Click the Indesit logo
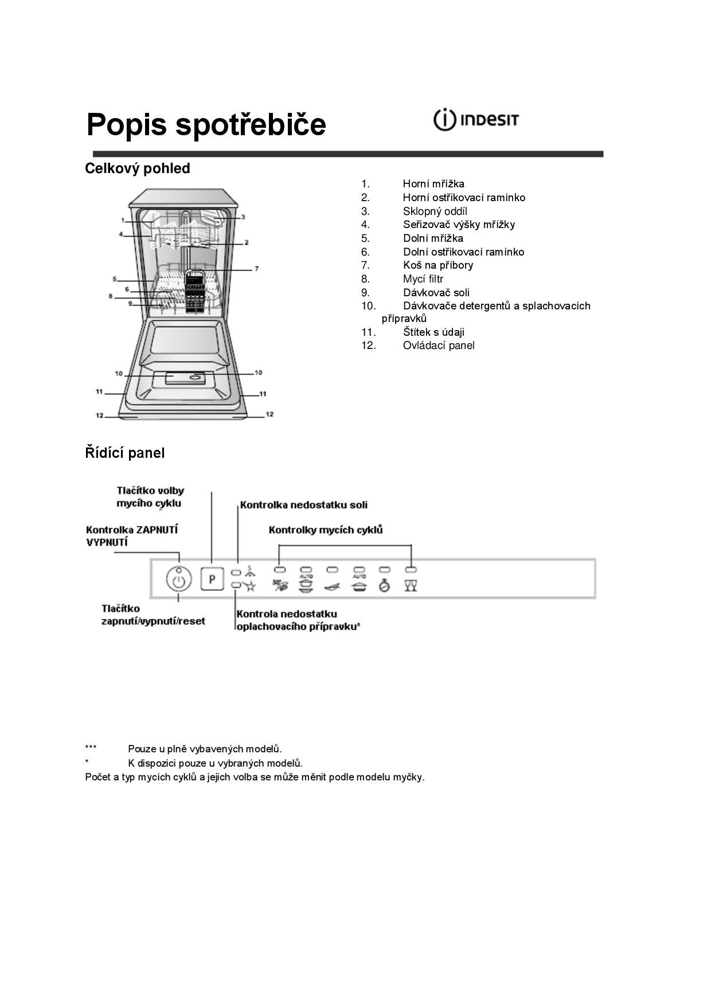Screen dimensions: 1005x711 click(475, 120)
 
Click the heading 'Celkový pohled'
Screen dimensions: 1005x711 click(138, 168)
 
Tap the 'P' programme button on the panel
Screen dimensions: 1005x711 click(212, 579)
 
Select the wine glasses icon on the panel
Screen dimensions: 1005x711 click(411, 586)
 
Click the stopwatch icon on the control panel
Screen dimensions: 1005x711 click(385, 586)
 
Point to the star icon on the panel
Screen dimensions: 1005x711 click(250, 586)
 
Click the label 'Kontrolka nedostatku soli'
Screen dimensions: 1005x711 click(303, 505)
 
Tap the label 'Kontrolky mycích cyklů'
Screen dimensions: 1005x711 click(325, 530)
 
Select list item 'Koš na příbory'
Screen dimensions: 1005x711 click(437, 265)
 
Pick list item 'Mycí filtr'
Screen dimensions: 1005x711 click(423, 279)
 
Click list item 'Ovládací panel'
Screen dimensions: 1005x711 click(438, 346)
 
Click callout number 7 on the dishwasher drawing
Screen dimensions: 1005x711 click(256, 269)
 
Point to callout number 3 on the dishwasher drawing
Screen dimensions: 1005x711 click(243, 217)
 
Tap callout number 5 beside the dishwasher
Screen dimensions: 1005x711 click(115, 280)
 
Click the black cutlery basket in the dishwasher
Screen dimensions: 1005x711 click(195, 292)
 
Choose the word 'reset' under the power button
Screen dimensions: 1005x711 click(191, 621)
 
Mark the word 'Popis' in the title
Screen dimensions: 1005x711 click(127, 124)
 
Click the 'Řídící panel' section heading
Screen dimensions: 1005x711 click(124, 453)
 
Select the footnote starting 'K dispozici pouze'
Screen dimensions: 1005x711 click(215, 763)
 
